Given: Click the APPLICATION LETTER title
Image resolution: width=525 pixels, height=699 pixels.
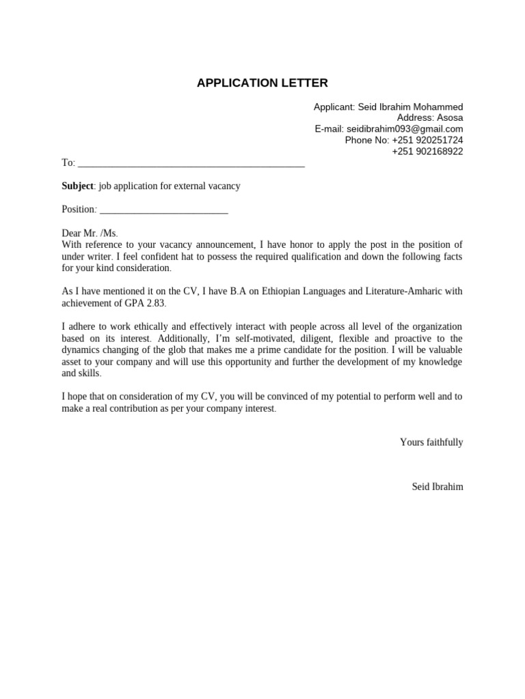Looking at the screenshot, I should coord(262,83).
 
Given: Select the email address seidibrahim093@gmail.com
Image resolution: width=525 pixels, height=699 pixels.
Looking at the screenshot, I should coord(405,129).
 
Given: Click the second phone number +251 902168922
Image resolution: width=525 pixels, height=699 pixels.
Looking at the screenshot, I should coord(427,152).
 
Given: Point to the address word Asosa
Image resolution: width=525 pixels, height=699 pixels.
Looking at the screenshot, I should coord(446,118).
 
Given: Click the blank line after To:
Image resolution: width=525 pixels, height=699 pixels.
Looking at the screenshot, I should coord(191,164).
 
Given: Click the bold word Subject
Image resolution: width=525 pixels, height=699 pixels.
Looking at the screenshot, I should coord(77,186).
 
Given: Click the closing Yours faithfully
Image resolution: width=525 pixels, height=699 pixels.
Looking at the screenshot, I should coord(431,442).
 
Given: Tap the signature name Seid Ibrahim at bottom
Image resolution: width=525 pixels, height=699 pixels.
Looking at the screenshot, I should coord(437,487).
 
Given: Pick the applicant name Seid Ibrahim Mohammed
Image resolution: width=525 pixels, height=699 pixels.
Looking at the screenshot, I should coord(411,107).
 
